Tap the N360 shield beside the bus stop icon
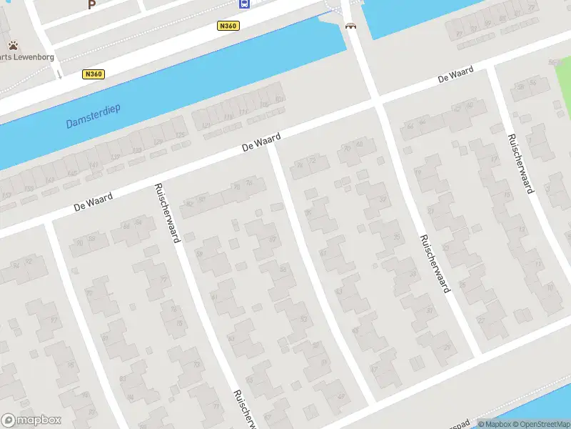click(228, 26)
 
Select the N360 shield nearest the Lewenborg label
click(93, 74)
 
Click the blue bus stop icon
click(244, 4)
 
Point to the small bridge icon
click(350, 26)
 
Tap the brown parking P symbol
click(91, 4)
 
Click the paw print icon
click(13, 45)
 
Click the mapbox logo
click(31, 420)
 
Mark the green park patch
click(564, 93)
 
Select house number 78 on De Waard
click(248, 184)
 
